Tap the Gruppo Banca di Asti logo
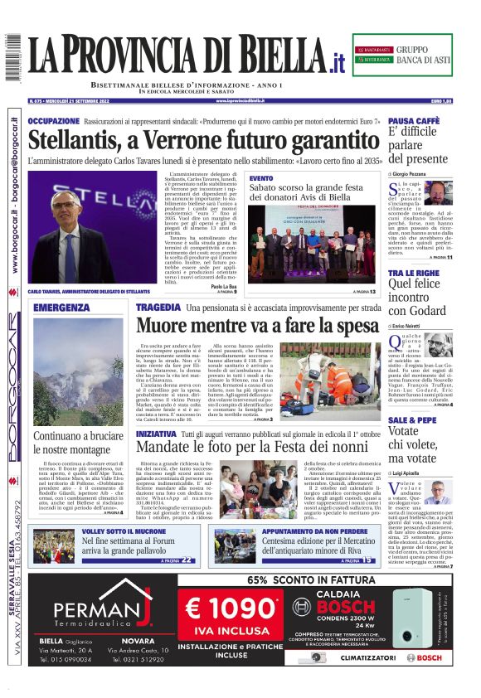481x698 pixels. pyautogui.click(x=402, y=56)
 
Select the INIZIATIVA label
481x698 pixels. pyautogui.click(x=156, y=434)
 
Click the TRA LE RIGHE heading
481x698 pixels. pyautogui.click(x=413, y=272)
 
